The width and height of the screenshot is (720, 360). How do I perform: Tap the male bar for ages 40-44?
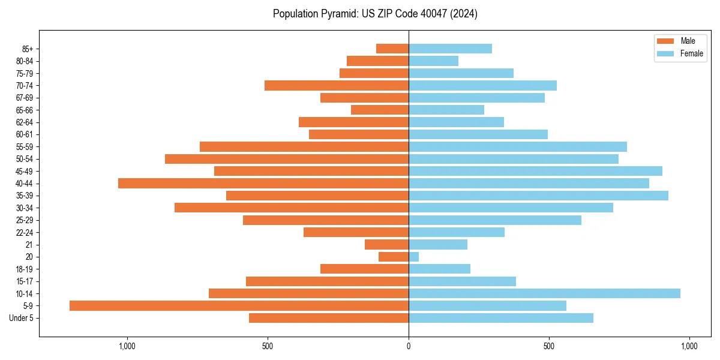(263, 183)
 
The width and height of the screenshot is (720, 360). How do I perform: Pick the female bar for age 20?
(413, 257)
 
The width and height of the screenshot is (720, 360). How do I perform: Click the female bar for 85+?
(450, 49)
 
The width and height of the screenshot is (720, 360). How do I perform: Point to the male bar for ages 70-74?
(337, 85)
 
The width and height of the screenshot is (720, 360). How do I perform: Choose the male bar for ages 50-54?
(287, 159)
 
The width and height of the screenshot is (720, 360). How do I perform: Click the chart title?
(375, 14)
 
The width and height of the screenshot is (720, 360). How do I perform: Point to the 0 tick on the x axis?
(409, 346)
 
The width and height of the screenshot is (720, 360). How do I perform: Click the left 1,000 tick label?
(127, 346)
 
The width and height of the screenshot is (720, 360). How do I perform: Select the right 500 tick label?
(549, 346)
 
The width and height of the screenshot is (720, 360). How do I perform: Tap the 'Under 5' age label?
(21, 318)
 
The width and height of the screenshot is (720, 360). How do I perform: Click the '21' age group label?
(29, 245)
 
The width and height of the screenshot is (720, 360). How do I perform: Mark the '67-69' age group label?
(25, 98)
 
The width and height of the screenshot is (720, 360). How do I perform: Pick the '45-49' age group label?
(25, 171)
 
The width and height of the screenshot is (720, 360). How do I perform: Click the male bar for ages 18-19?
(364, 269)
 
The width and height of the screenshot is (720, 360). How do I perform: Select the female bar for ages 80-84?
(433, 61)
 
